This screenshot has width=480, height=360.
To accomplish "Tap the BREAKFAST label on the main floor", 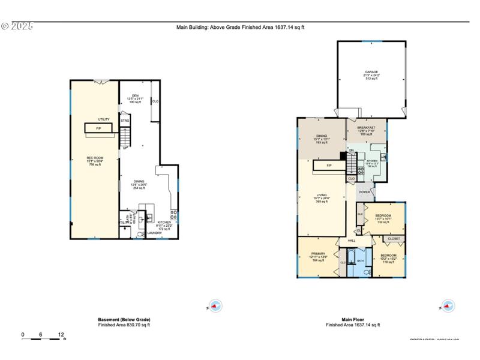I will [x=366, y=128].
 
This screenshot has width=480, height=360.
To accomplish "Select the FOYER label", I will [x=364, y=193].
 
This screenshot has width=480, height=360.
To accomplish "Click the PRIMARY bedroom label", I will [x=317, y=254].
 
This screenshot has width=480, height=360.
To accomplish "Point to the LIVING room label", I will [x=322, y=195].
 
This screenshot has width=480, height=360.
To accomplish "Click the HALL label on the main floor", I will [x=352, y=241].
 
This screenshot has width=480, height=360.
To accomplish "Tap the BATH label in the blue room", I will [x=361, y=261].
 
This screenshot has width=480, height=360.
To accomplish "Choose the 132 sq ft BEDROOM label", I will [x=383, y=215].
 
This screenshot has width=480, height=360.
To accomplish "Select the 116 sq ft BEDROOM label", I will [x=388, y=256].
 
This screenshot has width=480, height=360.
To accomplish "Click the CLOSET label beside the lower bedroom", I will [x=394, y=239].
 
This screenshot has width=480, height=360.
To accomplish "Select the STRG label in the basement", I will [x=125, y=121].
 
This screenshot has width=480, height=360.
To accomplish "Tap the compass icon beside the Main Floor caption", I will [x=448, y=306].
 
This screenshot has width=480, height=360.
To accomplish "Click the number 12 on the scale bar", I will [x=61, y=334].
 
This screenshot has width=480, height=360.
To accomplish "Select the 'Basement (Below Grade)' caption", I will [x=124, y=319].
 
